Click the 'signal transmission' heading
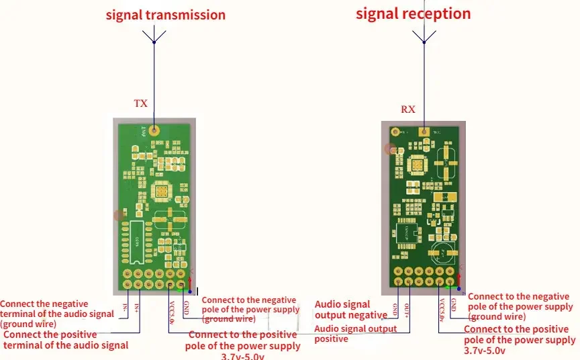pos(165,15)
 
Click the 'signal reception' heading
pos(413,13)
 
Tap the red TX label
pos(140,103)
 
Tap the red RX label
pos(408,109)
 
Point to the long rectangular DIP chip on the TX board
pos(137,241)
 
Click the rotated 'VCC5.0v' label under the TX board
pos(173,313)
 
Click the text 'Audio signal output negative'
pos(351,310)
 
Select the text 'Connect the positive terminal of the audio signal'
pos(66,340)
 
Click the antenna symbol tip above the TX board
pos(154,30)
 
